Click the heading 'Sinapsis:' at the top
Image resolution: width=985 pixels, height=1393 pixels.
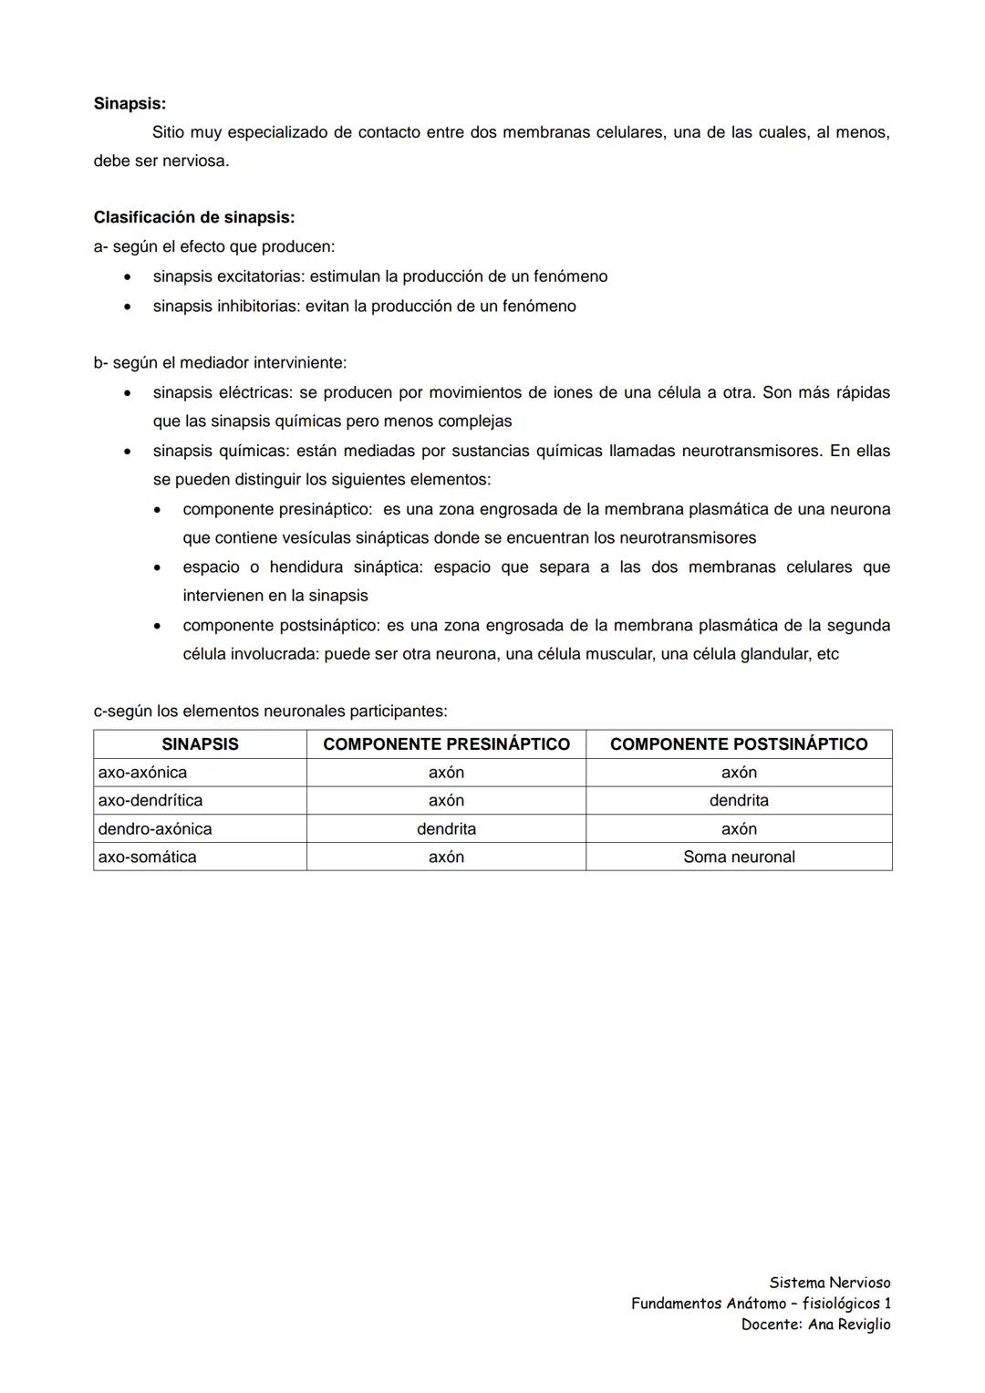130,104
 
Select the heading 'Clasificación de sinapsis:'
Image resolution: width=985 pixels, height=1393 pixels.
193,218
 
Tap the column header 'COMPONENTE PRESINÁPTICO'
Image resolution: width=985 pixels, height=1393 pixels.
446,744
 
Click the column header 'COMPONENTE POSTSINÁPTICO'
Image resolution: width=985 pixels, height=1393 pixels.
739,744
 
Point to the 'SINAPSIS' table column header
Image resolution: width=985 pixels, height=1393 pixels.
200,744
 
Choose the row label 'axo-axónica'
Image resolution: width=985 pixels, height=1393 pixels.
142,773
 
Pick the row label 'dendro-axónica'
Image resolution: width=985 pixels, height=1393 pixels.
155,829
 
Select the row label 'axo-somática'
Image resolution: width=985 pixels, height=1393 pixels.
147,858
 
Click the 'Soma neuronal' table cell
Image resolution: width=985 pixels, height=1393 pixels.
739,858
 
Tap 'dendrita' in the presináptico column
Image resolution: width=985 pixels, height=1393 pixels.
446,829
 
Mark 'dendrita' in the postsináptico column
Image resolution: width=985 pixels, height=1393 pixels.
739,801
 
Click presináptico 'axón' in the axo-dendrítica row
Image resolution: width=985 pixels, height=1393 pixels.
446,801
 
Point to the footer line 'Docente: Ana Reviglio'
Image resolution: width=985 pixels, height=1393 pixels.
815,1325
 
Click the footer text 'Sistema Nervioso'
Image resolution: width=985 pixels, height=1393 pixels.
829,1283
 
